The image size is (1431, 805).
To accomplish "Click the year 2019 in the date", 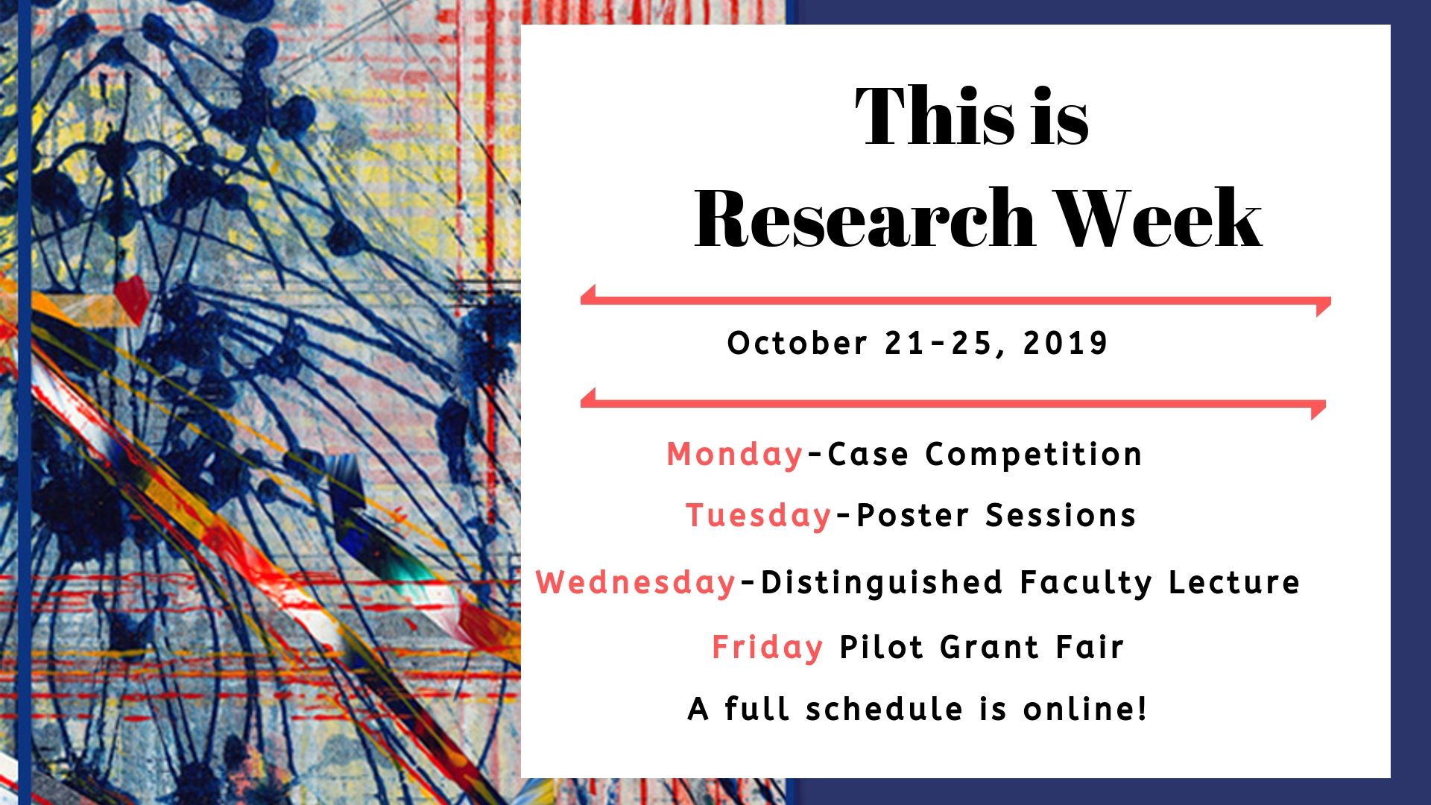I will [1066, 343].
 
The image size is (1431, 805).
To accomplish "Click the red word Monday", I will [735, 454].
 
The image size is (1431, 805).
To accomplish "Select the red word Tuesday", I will [759, 515].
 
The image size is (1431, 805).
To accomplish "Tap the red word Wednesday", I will [636, 582].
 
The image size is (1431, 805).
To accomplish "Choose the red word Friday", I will [767, 647].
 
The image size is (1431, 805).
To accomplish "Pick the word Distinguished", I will [882, 582].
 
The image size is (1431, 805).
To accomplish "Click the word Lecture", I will [1234, 582].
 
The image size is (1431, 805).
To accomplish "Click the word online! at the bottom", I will [1085, 709].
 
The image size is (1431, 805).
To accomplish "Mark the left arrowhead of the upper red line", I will [588, 295].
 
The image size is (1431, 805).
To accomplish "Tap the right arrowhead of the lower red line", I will [1318, 409].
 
